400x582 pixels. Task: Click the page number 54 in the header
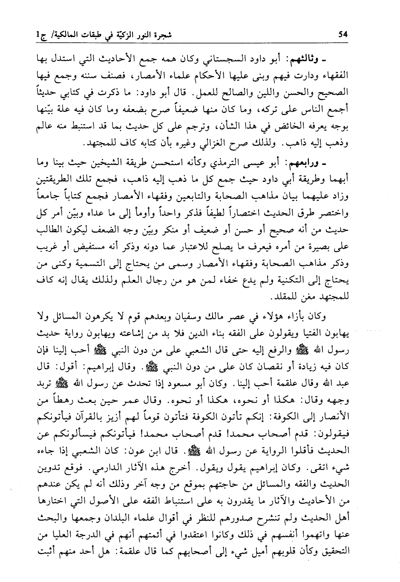pyautogui.click(x=342, y=35)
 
